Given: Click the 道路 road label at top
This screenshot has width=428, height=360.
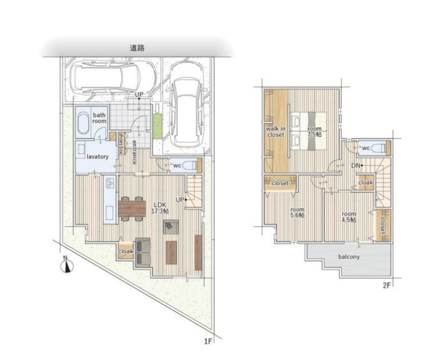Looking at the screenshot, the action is coord(137,48).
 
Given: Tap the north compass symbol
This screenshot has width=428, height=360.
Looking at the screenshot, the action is coord(67,265).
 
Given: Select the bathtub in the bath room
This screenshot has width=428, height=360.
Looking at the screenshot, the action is coord(83,124).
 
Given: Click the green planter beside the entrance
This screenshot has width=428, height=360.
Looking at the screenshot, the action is coord(158,126).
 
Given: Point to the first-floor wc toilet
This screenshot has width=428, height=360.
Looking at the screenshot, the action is coord(190,165).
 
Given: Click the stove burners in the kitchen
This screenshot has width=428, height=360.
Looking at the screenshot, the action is coord(110,183).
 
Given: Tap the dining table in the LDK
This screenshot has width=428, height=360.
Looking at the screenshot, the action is coord(132,208).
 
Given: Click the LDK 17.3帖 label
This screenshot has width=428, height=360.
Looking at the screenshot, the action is coord(160,208).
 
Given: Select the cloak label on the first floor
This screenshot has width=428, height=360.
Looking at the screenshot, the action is coord(125,251).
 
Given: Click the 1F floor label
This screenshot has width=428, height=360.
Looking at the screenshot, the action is coord(208,341).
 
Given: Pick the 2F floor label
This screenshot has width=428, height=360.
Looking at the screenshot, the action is coord(387,286).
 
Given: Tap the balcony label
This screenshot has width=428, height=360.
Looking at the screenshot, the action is coord(349,256).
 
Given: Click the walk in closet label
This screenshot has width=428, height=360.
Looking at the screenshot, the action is coord(276,131).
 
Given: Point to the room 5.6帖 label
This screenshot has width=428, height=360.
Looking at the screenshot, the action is coord(297,212).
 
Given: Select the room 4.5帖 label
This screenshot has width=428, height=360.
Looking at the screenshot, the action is coord(348,217).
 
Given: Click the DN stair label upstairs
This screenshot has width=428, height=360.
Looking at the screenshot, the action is coord(355,165).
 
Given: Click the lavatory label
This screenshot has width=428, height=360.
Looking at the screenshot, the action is coord(98,157).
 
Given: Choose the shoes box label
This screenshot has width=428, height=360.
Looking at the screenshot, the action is coord(121,143).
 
